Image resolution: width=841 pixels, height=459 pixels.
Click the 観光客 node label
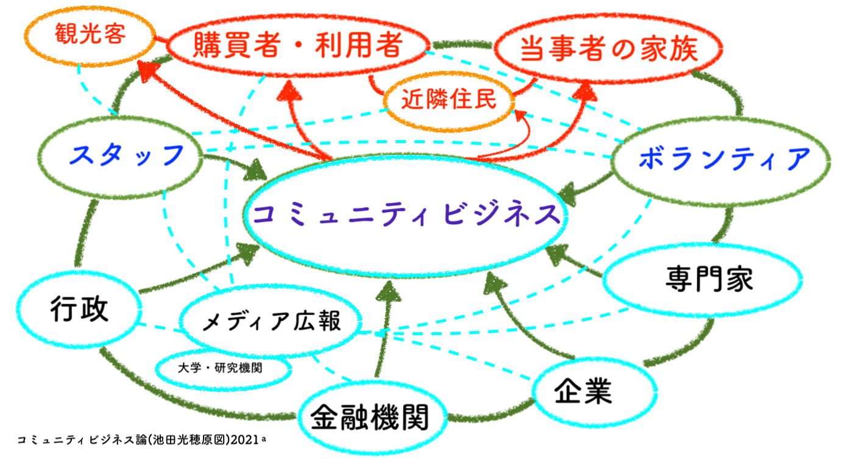click(90, 34)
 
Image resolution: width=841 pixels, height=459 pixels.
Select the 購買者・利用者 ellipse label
click(298, 45)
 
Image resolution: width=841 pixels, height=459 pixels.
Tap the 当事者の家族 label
click(609, 49)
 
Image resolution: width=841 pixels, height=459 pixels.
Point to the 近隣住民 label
click(449, 99)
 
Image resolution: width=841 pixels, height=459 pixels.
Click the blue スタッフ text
click(126, 155)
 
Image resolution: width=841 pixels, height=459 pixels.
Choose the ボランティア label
click(724, 158)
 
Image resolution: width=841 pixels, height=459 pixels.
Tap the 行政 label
click(79, 309)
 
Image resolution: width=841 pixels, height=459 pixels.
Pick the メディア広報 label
click(271, 321)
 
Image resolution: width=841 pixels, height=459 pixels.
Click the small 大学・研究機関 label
click(220, 368)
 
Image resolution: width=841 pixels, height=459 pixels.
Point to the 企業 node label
click(583, 391)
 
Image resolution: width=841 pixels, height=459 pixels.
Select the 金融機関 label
click(369, 417)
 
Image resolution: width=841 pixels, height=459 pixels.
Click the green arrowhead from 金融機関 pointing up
click(389, 292)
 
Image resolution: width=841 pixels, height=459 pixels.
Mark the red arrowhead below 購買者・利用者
click(289, 91)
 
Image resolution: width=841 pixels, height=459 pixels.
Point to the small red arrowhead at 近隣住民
click(520, 115)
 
